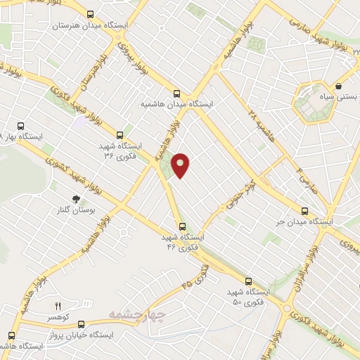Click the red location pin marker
pos(181,165)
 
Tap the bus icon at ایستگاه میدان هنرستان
pos(90,13)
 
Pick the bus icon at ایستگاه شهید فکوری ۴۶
pos(182,226)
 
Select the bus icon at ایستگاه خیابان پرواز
pos(82,324)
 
